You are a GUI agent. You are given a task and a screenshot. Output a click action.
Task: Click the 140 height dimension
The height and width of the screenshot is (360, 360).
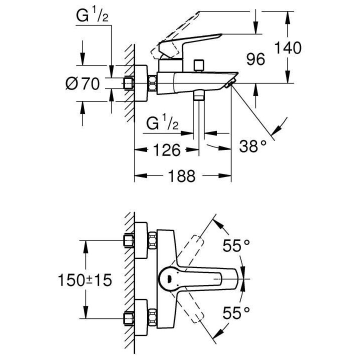[x=288, y=48]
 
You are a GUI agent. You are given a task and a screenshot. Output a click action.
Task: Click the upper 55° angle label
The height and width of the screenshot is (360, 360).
[x=235, y=245]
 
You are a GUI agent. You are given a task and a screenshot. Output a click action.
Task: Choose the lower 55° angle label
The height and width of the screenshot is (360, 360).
[x=235, y=313]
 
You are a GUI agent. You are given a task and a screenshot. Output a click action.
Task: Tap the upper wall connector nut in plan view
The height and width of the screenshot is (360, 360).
[x=129, y=241]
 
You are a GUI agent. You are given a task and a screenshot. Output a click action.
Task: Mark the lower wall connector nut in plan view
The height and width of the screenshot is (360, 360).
[x=129, y=317]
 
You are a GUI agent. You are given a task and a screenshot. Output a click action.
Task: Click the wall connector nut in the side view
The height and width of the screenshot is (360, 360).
[x=129, y=83]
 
